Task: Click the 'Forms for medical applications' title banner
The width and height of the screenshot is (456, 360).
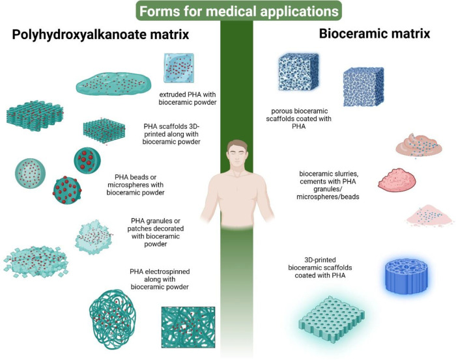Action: tap(228, 11)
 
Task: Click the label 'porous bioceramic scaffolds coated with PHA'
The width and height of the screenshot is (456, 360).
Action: tap(300, 120)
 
